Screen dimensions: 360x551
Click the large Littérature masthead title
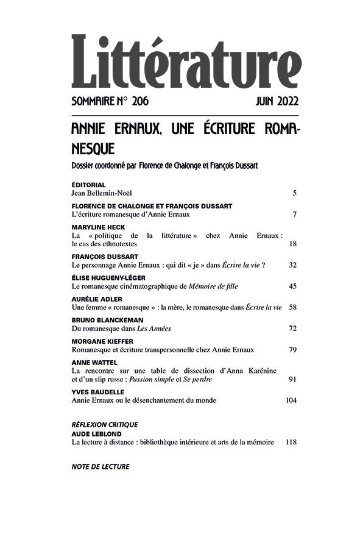(x=185, y=63)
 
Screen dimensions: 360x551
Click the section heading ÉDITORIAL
(x=88, y=185)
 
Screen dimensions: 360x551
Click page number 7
(x=294, y=215)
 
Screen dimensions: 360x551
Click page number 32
(x=292, y=265)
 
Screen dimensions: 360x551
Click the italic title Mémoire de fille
(x=212, y=286)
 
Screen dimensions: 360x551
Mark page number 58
(x=292, y=308)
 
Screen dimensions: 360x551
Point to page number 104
(x=291, y=401)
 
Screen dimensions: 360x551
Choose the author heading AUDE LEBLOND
(x=96, y=433)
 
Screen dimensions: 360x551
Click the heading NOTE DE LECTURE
(x=101, y=467)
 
